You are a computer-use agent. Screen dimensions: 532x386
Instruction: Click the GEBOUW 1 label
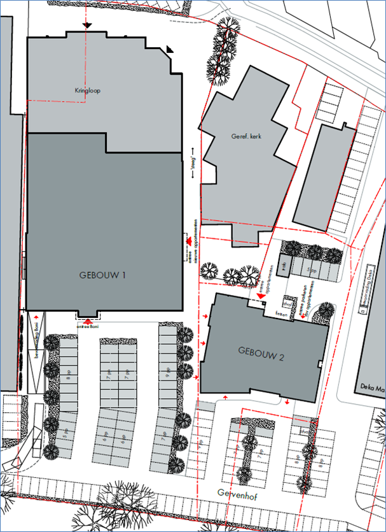[102, 275]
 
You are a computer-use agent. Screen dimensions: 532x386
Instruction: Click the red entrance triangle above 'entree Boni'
[87, 321]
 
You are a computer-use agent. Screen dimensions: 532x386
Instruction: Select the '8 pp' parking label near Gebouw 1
[68, 375]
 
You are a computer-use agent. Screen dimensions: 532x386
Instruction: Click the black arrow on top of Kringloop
[87, 25]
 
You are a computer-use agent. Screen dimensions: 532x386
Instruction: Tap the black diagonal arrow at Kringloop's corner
[170, 48]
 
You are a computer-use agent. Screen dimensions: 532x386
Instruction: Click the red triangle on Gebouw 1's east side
[189, 240]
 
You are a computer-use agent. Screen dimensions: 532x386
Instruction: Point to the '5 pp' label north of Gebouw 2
[310, 270]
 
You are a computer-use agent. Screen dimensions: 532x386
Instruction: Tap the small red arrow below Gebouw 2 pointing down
[288, 401]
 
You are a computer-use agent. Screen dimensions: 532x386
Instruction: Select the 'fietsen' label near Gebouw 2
[280, 314]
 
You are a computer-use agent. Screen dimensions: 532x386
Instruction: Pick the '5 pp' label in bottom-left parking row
[65, 435]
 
